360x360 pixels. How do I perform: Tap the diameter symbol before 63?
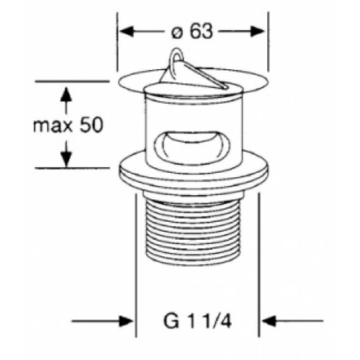coord(177,33)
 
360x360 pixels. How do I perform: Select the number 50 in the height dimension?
coord(91,125)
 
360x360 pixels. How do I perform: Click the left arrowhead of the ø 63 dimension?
coord(127,32)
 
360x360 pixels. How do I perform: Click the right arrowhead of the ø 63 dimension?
coord(258,32)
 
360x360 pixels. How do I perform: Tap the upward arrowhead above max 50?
coord(66,94)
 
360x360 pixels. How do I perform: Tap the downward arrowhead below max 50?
coord(66,158)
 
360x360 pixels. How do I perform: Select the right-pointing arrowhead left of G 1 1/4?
coord(126,320)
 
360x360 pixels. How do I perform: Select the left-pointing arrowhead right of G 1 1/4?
coord(269,320)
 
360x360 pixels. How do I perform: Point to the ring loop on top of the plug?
coord(176,57)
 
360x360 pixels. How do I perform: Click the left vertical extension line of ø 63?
coord(117,42)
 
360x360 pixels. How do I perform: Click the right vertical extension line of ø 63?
coord(268,42)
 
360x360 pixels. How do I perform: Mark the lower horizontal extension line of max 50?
coord(72,168)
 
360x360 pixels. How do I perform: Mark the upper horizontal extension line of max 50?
coord(72,81)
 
